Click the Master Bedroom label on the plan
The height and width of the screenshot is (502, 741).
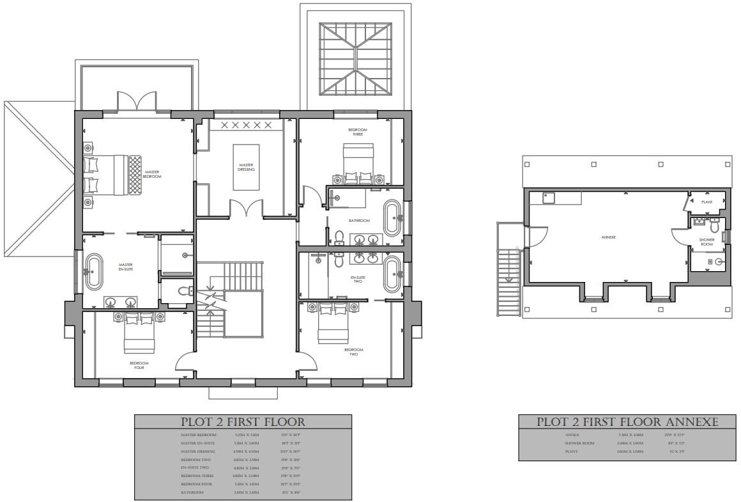pos(153,173)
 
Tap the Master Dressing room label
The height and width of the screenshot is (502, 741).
pos(246,167)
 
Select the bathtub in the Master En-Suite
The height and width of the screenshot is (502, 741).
pos(94,271)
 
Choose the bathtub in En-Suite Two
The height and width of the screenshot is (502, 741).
pos(391,273)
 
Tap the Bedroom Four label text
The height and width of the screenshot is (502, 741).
pos(139,366)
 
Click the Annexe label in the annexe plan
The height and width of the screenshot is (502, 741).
pos(608,237)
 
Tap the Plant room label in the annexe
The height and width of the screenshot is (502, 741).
pos(707,202)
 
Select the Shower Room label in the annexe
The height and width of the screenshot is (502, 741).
pos(707,242)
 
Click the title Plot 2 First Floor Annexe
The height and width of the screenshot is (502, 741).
pos(627,422)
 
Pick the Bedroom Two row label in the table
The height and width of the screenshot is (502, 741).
pos(195,460)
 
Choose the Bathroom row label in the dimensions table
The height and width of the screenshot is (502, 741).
pos(192,492)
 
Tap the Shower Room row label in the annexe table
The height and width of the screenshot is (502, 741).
pos(580,443)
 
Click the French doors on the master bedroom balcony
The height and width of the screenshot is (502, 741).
pos(136,102)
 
